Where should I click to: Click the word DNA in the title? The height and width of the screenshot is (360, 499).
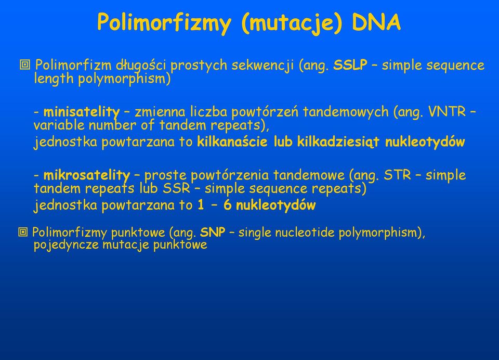point(376,22)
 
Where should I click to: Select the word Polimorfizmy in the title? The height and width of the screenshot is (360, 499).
point(164,23)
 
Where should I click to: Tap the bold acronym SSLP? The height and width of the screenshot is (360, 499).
point(350,65)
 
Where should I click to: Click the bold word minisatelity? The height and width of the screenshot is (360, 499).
point(82,112)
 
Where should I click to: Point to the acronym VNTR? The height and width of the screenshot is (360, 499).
point(447,112)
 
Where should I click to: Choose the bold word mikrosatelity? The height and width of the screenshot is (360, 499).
point(87,175)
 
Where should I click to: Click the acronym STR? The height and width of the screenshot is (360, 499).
point(398,175)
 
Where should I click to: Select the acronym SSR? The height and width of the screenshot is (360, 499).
point(176,188)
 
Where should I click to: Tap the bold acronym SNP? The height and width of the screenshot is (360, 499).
point(213,232)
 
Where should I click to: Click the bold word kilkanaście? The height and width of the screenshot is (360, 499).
point(232,142)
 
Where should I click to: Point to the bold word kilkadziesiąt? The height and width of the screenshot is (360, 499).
point(338,142)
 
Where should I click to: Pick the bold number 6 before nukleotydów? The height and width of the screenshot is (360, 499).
point(227,205)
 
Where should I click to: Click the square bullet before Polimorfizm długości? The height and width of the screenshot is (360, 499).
point(25,65)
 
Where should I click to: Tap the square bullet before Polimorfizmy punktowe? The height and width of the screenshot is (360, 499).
point(23,232)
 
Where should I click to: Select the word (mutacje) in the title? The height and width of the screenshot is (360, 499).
point(292,23)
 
